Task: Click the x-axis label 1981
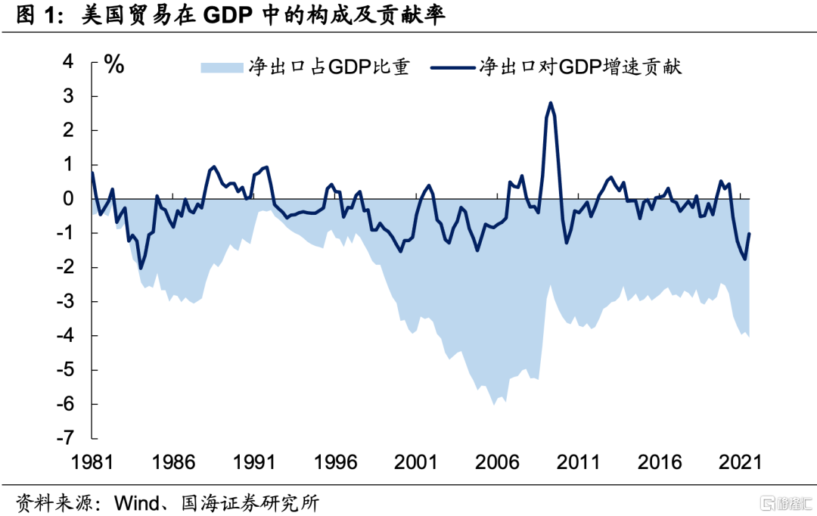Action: pyautogui.click(x=91, y=462)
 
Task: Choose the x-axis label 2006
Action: pyautogui.click(x=497, y=462)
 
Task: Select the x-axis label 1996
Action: pyautogui.click(x=334, y=462)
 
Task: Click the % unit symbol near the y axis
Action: pyautogui.click(x=113, y=65)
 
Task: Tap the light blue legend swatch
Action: pyautogui.click(x=221, y=67)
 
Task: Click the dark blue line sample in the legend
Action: pyautogui.click(x=453, y=67)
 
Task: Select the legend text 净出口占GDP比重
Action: pyautogui.click(x=328, y=67)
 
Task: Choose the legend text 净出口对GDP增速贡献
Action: pyautogui.click(x=580, y=67)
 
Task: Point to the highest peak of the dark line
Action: pyautogui.click(x=551, y=103)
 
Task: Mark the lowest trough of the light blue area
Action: pyautogui.click(x=495, y=405)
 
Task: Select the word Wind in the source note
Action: pyautogui.click(x=135, y=501)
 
